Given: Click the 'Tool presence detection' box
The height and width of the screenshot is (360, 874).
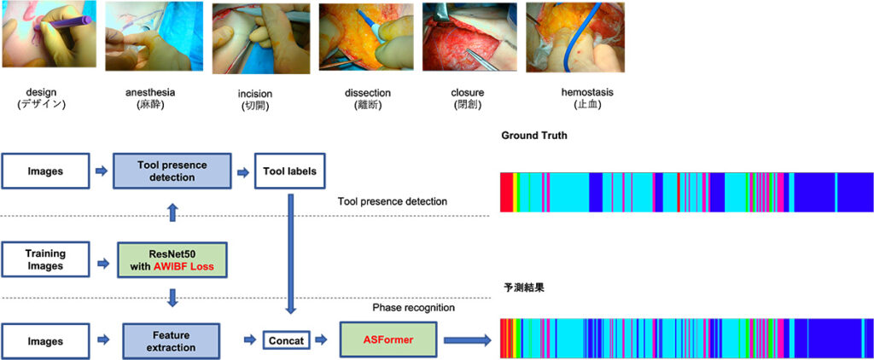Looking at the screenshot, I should tap(172, 171).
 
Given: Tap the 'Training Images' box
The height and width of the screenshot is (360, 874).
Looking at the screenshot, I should tap(45, 259).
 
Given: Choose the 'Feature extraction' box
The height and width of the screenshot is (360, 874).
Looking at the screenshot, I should tap(172, 341).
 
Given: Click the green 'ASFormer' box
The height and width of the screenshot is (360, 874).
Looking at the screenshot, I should tap(388, 340).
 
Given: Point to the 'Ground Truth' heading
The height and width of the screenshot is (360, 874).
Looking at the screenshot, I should tap(534, 136).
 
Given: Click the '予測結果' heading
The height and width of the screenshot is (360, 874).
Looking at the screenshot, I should tap(523, 288).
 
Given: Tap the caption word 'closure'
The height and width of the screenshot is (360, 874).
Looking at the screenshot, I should tap(468, 92).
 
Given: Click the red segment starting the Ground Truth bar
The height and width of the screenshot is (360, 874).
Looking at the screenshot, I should tap(505, 192).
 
